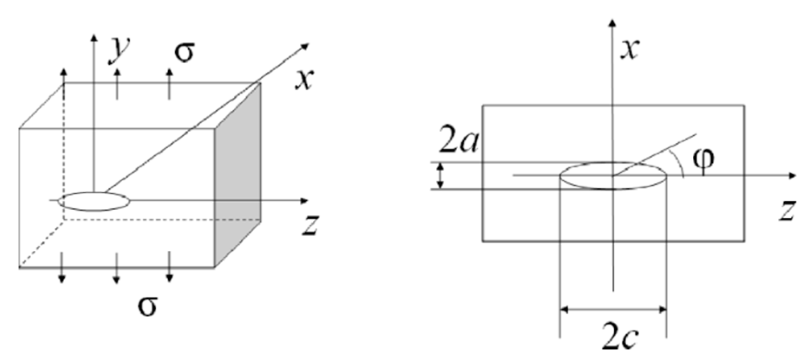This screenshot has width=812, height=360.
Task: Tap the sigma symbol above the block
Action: tap(184, 52)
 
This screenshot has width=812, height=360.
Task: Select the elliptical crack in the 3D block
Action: tap(94, 201)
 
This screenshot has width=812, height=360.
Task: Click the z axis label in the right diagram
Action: tap(786, 211)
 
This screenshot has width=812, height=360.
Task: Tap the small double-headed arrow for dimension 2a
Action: tap(440, 176)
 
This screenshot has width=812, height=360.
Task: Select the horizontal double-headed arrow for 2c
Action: tap(613, 310)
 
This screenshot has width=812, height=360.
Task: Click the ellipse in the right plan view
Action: tap(613, 176)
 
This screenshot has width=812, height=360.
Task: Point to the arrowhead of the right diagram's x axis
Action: tap(612, 23)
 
